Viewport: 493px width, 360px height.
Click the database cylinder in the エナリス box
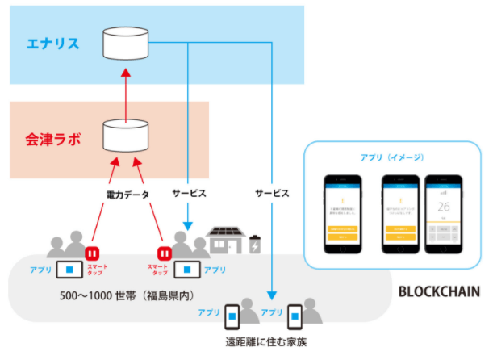click(x=127, y=42)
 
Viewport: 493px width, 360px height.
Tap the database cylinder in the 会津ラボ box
click(x=127, y=137)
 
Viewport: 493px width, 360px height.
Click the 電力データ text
click(x=127, y=195)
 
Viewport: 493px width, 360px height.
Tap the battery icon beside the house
click(x=256, y=244)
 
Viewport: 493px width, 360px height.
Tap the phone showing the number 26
click(x=442, y=211)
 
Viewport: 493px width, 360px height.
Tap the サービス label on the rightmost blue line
click(x=272, y=195)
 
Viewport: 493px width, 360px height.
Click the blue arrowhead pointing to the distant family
click(x=272, y=295)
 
